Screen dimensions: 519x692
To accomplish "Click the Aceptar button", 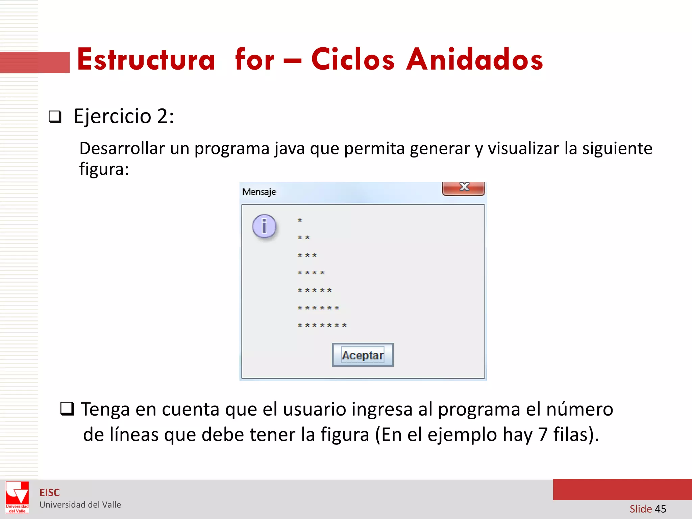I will [x=363, y=355].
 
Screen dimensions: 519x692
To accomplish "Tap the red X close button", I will [x=464, y=188].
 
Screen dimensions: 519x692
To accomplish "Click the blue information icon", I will [x=264, y=226].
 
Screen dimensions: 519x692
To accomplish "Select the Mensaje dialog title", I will [x=259, y=192].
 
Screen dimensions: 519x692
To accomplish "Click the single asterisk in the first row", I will [x=300, y=220].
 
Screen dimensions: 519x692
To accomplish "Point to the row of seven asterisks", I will [x=322, y=325].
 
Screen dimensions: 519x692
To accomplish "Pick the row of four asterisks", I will [x=311, y=273].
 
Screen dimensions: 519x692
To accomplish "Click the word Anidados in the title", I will [x=474, y=60].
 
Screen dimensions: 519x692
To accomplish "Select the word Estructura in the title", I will [x=146, y=60].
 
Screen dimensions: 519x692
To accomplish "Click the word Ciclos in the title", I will [x=353, y=60].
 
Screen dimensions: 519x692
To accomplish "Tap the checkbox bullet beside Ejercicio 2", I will [x=55, y=117].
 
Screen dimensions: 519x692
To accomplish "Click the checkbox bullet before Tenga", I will [x=67, y=409].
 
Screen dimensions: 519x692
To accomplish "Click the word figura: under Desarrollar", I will [x=104, y=169].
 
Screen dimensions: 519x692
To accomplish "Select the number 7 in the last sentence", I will [x=543, y=435].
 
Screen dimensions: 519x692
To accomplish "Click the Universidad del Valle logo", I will [x=17, y=497].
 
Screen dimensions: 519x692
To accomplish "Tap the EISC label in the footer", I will [x=49, y=493].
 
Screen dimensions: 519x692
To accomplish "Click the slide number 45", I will [x=660, y=509].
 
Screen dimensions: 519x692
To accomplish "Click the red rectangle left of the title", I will [x=34, y=62].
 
